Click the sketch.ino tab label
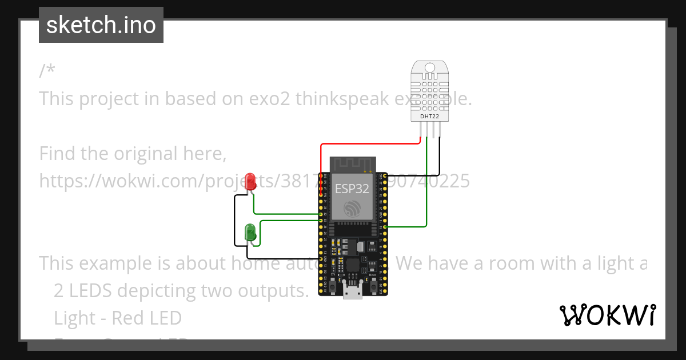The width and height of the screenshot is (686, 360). pos(101,25)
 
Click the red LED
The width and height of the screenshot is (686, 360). pos(250,181)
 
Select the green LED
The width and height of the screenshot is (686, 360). pos(250,232)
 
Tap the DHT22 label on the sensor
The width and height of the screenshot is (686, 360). pos(429,116)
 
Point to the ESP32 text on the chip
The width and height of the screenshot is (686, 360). pos(352,189)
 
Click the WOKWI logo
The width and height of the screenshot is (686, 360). pos(607,315)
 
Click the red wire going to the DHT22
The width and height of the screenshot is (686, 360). pos(372,144)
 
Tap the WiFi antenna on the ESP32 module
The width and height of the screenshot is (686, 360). pos(352,164)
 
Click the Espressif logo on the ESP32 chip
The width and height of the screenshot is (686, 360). pos(352,210)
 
